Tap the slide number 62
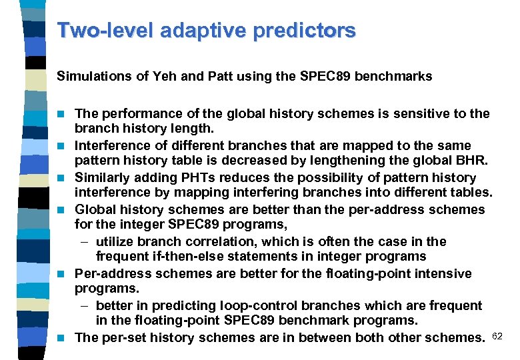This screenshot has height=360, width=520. click(497, 335)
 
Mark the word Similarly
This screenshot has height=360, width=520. click(104, 177)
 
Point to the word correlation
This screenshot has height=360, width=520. click(225, 241)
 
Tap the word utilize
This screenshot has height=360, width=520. click(117, 241)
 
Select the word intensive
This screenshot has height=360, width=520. click(447, 273)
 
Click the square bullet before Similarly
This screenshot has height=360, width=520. click(62, 178)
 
